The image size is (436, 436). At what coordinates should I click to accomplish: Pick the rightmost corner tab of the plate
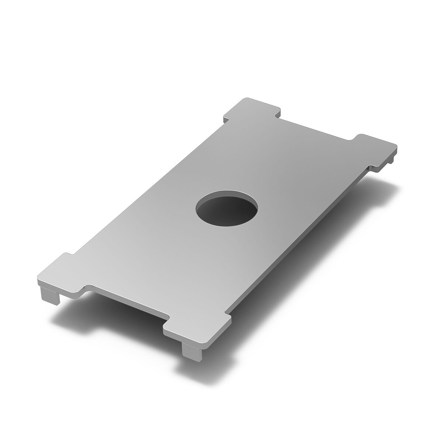(x=377, y=151)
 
